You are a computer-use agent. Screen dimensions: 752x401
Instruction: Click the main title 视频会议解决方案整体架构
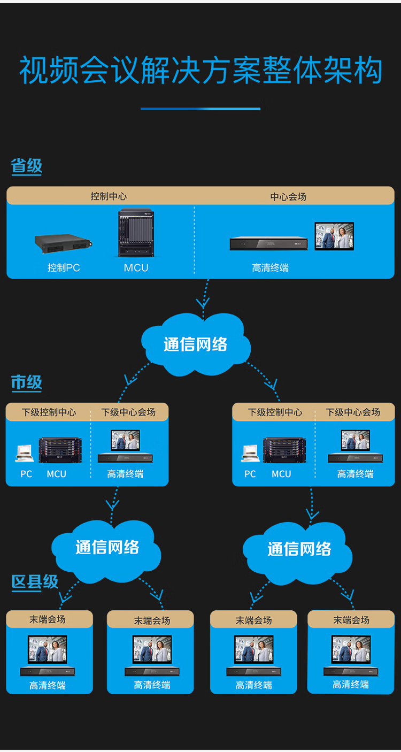(x=200, y=72)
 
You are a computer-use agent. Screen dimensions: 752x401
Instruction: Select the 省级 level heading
(x=26, y=166)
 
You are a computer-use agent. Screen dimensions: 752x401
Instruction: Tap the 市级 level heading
(x=26, y=382)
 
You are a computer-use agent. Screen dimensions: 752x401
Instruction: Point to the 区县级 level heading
(x=35, y=582)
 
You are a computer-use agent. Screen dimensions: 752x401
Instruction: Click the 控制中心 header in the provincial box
(x=109, y=196)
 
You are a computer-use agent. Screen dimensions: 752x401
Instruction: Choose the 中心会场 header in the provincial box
(x=288, y=196)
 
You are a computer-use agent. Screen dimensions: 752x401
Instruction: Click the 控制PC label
(x=64, y=268)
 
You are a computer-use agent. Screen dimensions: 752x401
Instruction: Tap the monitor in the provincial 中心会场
(x=334, y=236)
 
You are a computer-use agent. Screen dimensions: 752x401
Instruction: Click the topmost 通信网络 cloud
(x=196, y=344)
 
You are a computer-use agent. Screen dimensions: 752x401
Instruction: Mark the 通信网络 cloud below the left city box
(x=107, y=548)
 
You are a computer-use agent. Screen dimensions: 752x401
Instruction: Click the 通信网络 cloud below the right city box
(x=299, y=549)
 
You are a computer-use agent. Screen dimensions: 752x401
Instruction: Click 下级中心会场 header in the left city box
(x=128, y=412)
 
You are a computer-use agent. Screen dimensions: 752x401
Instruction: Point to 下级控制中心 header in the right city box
(x=275, y=412)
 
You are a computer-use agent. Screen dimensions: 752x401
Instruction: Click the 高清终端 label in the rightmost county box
(x=351, y=684)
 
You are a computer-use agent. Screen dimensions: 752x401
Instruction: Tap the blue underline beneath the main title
(x=200, y=109)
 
